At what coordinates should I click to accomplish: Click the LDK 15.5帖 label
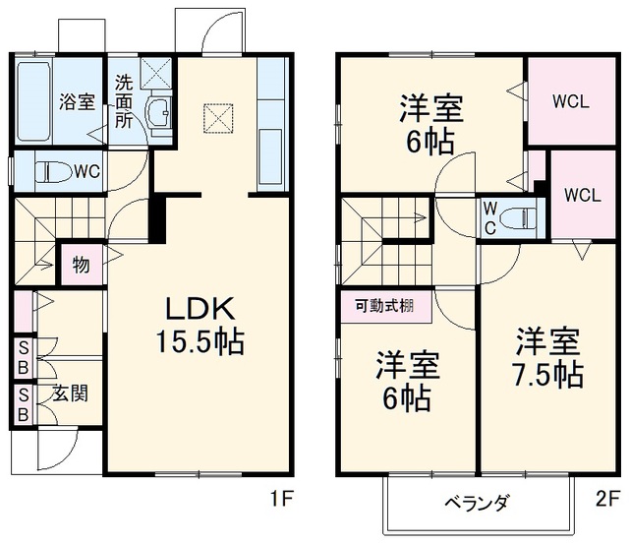pos(200,326)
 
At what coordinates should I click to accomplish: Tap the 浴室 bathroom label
pos(77,101)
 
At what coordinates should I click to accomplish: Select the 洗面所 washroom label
pos(124,102)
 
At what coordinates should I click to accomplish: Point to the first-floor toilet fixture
pos(53,172)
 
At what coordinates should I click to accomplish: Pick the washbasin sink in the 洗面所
pos(159,113)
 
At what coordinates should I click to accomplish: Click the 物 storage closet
pos(82,265)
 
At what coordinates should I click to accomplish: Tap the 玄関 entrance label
pos(70,394)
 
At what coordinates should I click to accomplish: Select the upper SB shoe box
pos(24,358)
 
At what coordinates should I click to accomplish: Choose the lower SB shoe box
pos(24,404)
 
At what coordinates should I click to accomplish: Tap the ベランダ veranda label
pos(477,503)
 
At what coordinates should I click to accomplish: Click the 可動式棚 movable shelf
pos(386,307)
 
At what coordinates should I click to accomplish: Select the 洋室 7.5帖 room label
pos(548,358)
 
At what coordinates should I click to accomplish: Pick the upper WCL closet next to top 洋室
pos(572,101)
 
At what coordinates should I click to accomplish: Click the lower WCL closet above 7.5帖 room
pos(583,195)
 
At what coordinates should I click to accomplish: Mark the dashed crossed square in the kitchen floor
pos(218,118)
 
